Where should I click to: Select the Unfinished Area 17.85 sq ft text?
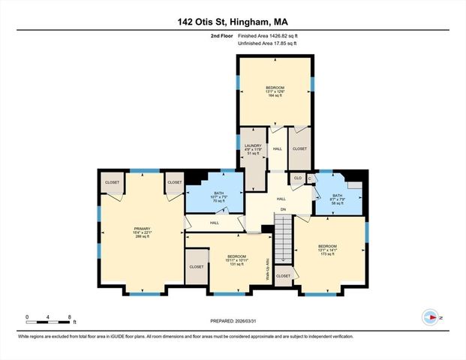[267, 43]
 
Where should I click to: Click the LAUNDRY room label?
[252, 144]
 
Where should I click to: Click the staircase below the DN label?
[283, 236]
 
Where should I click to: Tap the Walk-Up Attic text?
[267, 268]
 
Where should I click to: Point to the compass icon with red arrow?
[431, 317]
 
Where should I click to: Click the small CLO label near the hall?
[298, 178]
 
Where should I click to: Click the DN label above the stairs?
[283, 208]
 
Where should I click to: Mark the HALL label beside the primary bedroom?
[215, 223]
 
